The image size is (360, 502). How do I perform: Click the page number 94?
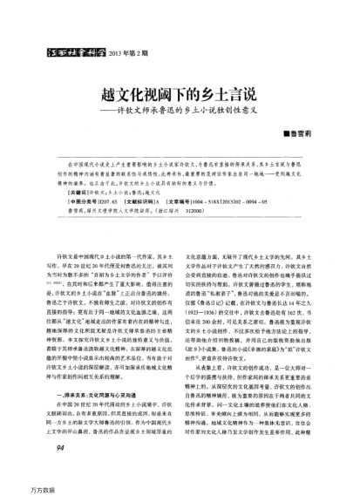62,471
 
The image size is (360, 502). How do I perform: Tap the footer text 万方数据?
17,493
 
